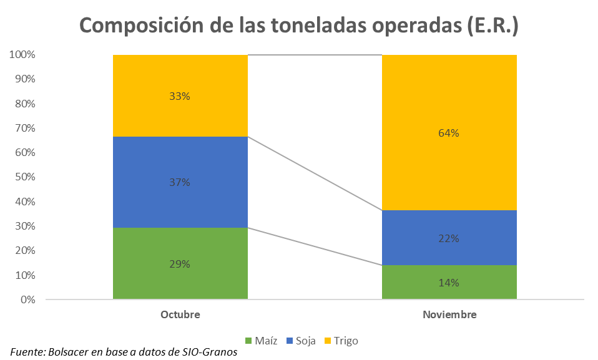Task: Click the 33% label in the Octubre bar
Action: pyautogui.click(x=180, y=97)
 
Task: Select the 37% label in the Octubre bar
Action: pyautogui.click(x=180, y=182)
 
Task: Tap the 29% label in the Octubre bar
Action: pyautogui.click(x=180, y=264)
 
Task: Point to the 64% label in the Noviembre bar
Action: pyautogui.click(x=449, y=133)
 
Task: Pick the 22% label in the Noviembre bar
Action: pyautogui.click(x=449, y=238)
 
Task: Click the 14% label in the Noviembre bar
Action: pyautogui.click(x=449, y=283)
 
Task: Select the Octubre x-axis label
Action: pyautogui.click(x=180, y=315)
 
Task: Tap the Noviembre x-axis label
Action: pyautogui.click(x=449, y=315)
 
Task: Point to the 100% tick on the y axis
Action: pyautogui.click(x=22, y=55)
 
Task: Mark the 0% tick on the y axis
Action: pyautogui.click(x=27, y=299)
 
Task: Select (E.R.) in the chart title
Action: pyautogui.click(x=493, y=26)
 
